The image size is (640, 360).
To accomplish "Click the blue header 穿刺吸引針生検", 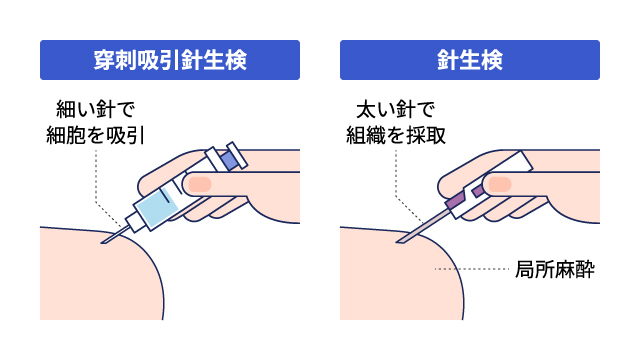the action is tap(170, 60).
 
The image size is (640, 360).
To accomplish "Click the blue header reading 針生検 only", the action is tap(470, 60).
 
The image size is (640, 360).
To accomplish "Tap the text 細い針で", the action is tap(96, 109).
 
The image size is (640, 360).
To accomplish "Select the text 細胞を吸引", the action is tap(96, 135).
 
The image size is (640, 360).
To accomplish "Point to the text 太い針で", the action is tap(396, 109).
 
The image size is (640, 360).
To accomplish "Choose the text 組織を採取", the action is tap(396, 135).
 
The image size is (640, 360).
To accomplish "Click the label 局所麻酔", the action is tap(555, 269).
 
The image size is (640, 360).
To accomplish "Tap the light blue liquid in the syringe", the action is tap(157, 206).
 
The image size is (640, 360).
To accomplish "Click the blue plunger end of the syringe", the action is tap(228, 161).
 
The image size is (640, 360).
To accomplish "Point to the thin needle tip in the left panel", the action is tap(102, 242).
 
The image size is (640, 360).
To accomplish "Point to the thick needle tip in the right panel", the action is tap(398, 242).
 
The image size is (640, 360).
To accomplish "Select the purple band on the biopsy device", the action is tap(456, 200).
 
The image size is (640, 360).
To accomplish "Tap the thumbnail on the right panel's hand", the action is tap(500, 184).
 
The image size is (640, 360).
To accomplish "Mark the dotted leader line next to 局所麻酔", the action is tap(471, 269).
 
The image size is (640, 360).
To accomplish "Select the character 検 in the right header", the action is tap(492, 60).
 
